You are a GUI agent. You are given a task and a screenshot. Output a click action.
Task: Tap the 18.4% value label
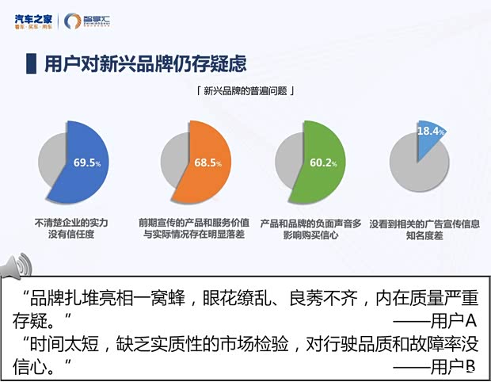(x=431, y=131)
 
